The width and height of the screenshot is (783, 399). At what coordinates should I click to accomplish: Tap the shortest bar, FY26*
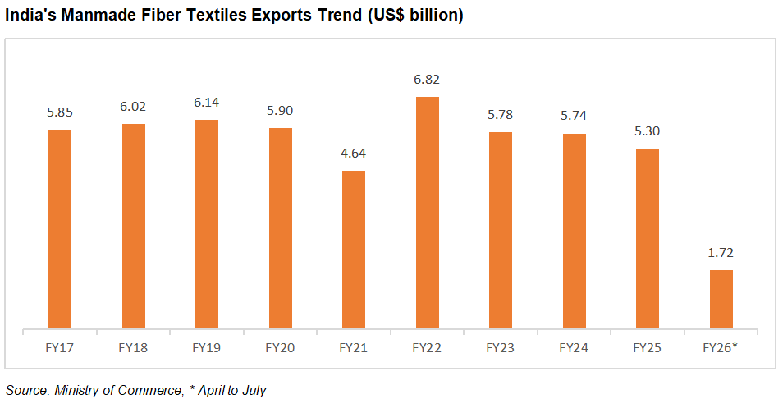tap(721, 300)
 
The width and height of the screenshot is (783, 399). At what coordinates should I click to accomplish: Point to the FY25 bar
tap(648, 239)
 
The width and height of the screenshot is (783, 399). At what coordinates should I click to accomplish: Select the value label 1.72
tap(721, 252)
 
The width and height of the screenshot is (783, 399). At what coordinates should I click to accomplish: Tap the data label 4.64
tap(354, 153)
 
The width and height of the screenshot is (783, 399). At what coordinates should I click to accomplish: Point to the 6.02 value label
tap(134, 106)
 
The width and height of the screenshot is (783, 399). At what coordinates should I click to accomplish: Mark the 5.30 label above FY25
tap(648, 131)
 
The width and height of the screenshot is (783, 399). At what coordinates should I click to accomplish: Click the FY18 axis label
tap(134, 347)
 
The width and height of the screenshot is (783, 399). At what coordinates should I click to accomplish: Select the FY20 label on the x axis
tap(281, 347)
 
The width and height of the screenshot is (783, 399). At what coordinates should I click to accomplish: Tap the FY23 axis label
tap(501, 347)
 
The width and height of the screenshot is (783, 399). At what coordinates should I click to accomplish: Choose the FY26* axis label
tap(721, 347)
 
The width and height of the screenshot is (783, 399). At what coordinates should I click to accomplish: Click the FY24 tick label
tap(575, 347)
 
